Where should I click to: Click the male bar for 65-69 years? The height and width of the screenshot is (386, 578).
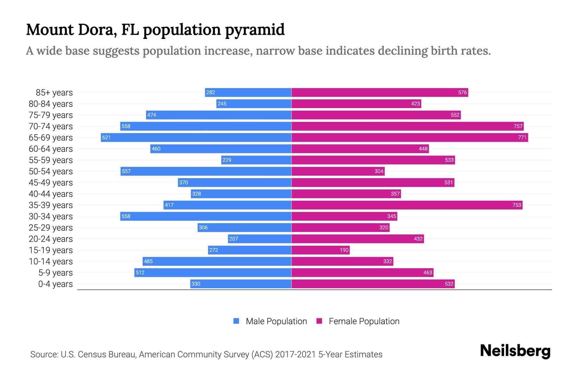click(196, 138)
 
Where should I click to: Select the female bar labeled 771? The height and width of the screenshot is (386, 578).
click(409, 138)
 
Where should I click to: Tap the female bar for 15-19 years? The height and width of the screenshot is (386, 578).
click(320, 250)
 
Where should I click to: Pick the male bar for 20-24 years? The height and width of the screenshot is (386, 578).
click(259, 239)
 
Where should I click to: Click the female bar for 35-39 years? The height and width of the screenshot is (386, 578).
click(407, 205)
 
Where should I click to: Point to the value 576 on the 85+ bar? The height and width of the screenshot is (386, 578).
click(462, 93)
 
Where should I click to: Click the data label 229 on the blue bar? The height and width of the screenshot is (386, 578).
click(227, 160)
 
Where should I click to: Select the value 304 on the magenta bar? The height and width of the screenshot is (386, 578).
click(379, 171)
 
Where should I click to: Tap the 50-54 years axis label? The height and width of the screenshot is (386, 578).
click(51, 171)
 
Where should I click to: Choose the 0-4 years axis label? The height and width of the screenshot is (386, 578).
click(55, 284)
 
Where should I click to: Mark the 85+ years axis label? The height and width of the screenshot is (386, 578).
click(54, 93)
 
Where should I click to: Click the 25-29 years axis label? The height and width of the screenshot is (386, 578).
click(51, 228)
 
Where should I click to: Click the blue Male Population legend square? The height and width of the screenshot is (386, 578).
click(236, 321)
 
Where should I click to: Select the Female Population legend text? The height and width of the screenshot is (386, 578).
click(364, 321)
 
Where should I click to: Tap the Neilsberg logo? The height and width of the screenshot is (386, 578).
click(515, 351)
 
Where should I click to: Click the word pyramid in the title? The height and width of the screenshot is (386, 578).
click(254, 30)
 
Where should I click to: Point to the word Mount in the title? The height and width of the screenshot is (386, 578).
click(50, 30)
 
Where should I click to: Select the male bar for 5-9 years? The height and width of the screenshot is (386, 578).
click(213, 273)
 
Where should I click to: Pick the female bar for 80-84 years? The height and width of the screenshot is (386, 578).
click(356, 104)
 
